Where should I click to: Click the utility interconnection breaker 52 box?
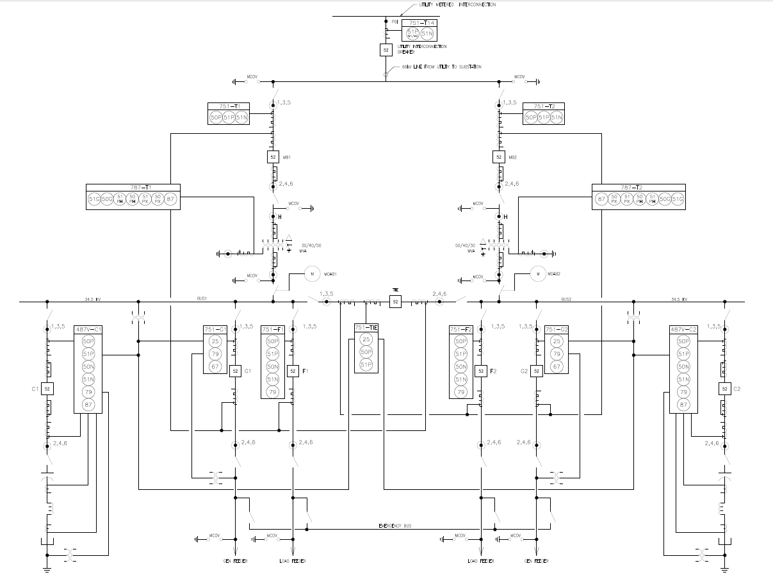pos(386,49)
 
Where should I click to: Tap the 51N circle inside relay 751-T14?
pos(427,34)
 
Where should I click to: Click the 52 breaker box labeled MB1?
pos(273,157)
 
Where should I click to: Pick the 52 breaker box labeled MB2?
pos(499,157)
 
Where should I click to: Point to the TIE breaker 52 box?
pos(395,301)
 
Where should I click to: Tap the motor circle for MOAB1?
pos(312,274)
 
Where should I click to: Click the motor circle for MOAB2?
pos(539,274)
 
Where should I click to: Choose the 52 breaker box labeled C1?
pos(47,389)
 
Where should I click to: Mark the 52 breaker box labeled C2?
pos(724,389)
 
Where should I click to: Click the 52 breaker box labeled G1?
pos(235,371)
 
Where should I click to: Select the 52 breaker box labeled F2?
pos(480,371)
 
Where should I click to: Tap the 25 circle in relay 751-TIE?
pos(366,339)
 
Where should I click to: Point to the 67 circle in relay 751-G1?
pos(215,366)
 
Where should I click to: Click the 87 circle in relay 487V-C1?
pos(88,405)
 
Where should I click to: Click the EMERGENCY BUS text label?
pos(395,526)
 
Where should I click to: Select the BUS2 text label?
pos(566,298)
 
